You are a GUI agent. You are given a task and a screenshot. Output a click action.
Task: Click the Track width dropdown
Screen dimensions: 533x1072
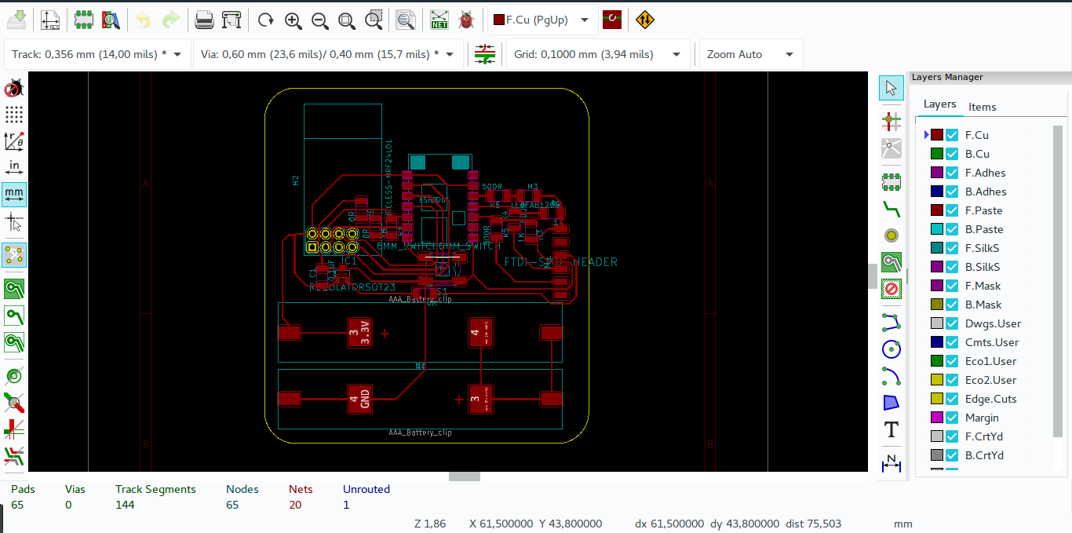pos(98,54)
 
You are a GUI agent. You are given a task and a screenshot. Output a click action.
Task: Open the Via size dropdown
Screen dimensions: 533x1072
pos(327,54)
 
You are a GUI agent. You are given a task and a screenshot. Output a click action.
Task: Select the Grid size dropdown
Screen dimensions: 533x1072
pos(596,54)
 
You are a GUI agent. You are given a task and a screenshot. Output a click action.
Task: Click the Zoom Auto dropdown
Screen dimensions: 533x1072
pos(750,54)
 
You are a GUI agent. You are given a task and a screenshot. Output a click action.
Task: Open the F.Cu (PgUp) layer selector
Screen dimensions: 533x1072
pos(541,20)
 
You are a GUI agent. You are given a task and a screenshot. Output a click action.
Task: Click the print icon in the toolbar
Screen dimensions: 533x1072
pos(204,20)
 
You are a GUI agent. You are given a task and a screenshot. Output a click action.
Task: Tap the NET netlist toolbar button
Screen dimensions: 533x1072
pos(439,20)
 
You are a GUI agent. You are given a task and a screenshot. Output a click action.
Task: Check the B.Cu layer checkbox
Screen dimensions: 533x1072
pos(952,154)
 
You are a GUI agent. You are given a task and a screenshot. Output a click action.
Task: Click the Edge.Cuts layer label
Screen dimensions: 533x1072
pos(990,399)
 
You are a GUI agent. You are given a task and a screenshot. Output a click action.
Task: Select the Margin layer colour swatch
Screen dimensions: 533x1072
pos(936,418)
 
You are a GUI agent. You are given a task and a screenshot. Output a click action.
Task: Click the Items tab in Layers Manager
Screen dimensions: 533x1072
pos(982,107)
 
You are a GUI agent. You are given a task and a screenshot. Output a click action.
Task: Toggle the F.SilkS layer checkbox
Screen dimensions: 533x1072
pos(952,248)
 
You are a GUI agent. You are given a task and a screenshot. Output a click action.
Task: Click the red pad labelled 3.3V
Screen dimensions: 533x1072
pos(359,331)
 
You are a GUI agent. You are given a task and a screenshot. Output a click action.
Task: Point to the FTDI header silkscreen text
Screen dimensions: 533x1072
pos(560,262)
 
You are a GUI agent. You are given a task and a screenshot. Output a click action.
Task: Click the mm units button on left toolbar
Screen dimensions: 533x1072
pos(13,193)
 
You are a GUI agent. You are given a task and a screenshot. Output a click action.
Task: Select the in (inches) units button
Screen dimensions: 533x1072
pos(13,166)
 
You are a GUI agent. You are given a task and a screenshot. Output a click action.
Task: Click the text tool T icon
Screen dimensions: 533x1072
pos(891,429)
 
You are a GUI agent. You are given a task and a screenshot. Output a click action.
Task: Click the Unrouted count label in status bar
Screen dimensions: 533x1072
pos(366,489)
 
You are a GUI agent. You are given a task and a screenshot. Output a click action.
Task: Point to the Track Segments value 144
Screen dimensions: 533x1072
pos(125,505)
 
